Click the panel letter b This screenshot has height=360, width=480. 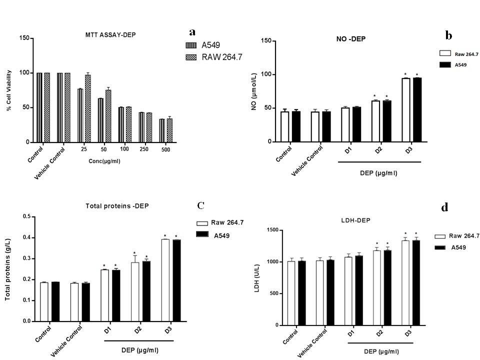448,35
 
